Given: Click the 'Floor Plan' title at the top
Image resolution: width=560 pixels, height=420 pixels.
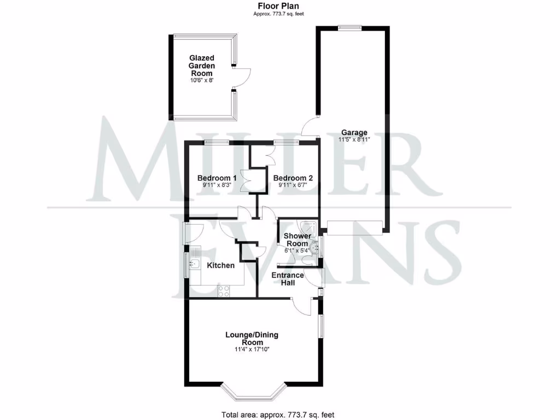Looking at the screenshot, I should tap(278, 6).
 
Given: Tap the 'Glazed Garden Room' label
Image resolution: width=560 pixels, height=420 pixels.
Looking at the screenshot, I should tap(202, 66).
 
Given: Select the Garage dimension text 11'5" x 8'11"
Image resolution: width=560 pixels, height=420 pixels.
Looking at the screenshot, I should tap(354, 139).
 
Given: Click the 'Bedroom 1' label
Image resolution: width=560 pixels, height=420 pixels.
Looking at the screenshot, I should tap(217, 178).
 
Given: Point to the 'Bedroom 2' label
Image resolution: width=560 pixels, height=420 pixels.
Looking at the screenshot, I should tap(293, 178).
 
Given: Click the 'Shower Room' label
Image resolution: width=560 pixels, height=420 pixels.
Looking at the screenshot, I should tap(297, 240).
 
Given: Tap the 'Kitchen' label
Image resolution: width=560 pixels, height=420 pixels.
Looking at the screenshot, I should tap(220, 265).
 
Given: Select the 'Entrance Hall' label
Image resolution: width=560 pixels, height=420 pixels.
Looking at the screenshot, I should tap(288, 279).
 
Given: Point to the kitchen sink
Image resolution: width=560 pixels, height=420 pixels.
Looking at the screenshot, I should tap(194, 265).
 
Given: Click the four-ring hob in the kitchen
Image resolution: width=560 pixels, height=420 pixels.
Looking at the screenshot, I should tap(224, 291).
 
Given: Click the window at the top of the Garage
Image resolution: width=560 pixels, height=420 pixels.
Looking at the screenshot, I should tap(349, 27).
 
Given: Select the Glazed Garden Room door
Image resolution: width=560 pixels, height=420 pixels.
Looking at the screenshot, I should tap(242, 77).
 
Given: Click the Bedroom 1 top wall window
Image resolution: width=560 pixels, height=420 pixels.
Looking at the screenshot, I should tap(217, 142).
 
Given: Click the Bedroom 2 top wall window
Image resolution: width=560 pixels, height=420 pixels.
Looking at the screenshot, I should tap(287, 142).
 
